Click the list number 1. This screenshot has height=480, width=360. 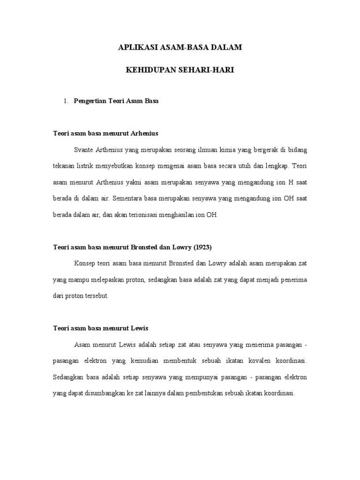click(66, 100)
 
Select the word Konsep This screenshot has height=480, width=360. click(84, 263)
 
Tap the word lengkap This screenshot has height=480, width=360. click(277, 166)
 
